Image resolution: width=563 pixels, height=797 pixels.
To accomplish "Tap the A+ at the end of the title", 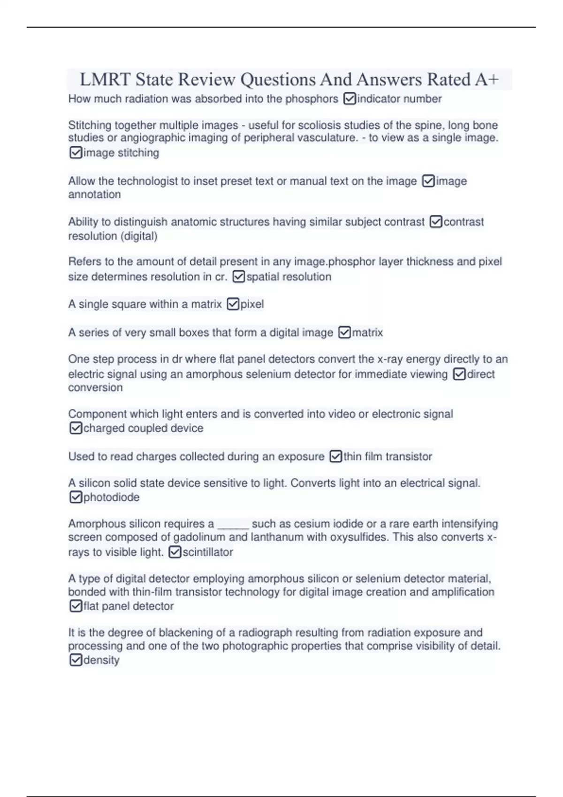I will point(487,80).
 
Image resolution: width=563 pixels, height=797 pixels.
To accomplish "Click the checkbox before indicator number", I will point(350,99).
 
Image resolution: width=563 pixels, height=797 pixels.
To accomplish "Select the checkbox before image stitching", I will point(76,153).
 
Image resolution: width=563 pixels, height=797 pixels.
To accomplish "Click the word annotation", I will point(94,195).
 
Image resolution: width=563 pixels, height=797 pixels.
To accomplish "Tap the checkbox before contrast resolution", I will point(436,222).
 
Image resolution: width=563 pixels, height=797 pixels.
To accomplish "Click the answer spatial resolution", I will point(289,277).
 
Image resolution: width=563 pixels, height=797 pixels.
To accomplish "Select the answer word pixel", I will point(252,304).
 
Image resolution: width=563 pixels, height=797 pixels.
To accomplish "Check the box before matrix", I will point(344,332).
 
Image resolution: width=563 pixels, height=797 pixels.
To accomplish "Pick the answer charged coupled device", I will point(143,428).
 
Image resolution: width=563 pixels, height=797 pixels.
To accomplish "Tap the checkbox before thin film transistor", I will point(335,456).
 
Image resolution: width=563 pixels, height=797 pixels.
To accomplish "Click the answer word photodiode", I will point(111,497).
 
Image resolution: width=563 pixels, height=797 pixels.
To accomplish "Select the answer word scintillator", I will point(207,552).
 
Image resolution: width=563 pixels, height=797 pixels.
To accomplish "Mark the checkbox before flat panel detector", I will point(76,606).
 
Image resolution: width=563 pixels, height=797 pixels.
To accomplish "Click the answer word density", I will point(101,660).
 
